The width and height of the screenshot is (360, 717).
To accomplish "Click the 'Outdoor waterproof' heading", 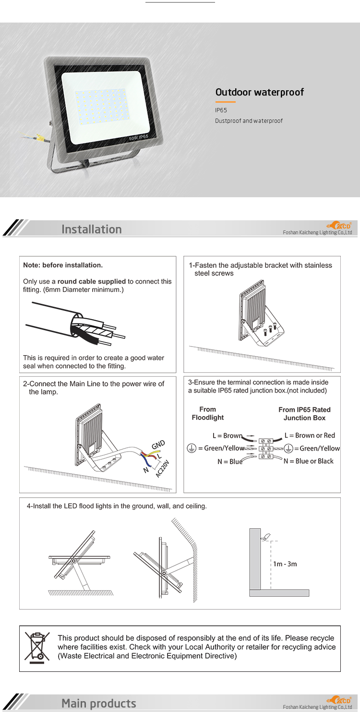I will tap(259, 92).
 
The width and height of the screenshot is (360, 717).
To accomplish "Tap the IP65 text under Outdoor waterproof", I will tap(221, 110).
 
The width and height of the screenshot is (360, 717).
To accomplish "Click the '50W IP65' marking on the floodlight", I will tap(139, 138).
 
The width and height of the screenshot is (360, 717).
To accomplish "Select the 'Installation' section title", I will tap(91, 229).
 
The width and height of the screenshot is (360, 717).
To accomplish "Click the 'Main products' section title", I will tap(98, 704).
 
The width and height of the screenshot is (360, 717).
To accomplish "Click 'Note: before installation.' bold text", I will tap(63, 265).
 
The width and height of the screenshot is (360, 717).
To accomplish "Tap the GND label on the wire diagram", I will tap(158, 444).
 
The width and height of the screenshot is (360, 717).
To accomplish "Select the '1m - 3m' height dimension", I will tap(285, 564).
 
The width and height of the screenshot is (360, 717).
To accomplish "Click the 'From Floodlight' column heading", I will tap(207, 413).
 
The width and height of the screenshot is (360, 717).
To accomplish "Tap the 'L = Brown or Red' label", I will tap(310, 435).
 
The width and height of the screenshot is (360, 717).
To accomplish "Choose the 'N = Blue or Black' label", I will tap(308, 461).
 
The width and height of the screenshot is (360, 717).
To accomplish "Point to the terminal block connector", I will tap(266, 448).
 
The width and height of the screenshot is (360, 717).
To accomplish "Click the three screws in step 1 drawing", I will tap(271, 329).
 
